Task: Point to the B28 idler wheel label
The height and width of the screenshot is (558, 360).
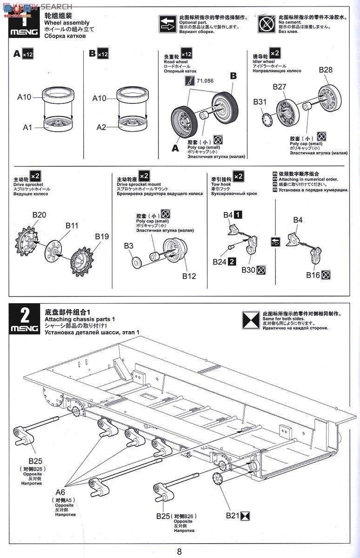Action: point(326,70)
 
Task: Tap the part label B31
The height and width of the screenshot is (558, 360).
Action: point(260,101)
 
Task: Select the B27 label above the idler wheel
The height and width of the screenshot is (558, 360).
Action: point(280,86)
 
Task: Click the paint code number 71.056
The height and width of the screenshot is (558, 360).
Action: point(205,80)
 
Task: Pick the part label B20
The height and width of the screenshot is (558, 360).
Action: point(39,214)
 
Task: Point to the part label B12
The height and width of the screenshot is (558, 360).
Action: point(189,276)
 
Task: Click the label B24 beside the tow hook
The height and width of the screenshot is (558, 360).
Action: point(220,262)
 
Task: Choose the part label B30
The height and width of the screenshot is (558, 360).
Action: point(248,270)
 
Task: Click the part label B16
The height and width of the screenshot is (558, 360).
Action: point(313,275)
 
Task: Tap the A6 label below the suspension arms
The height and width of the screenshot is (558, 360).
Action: point(61,492)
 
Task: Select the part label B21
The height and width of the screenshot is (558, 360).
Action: point(233,515)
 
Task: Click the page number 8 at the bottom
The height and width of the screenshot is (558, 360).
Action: point(180,551)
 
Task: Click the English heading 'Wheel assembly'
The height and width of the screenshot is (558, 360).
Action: point(67,22)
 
